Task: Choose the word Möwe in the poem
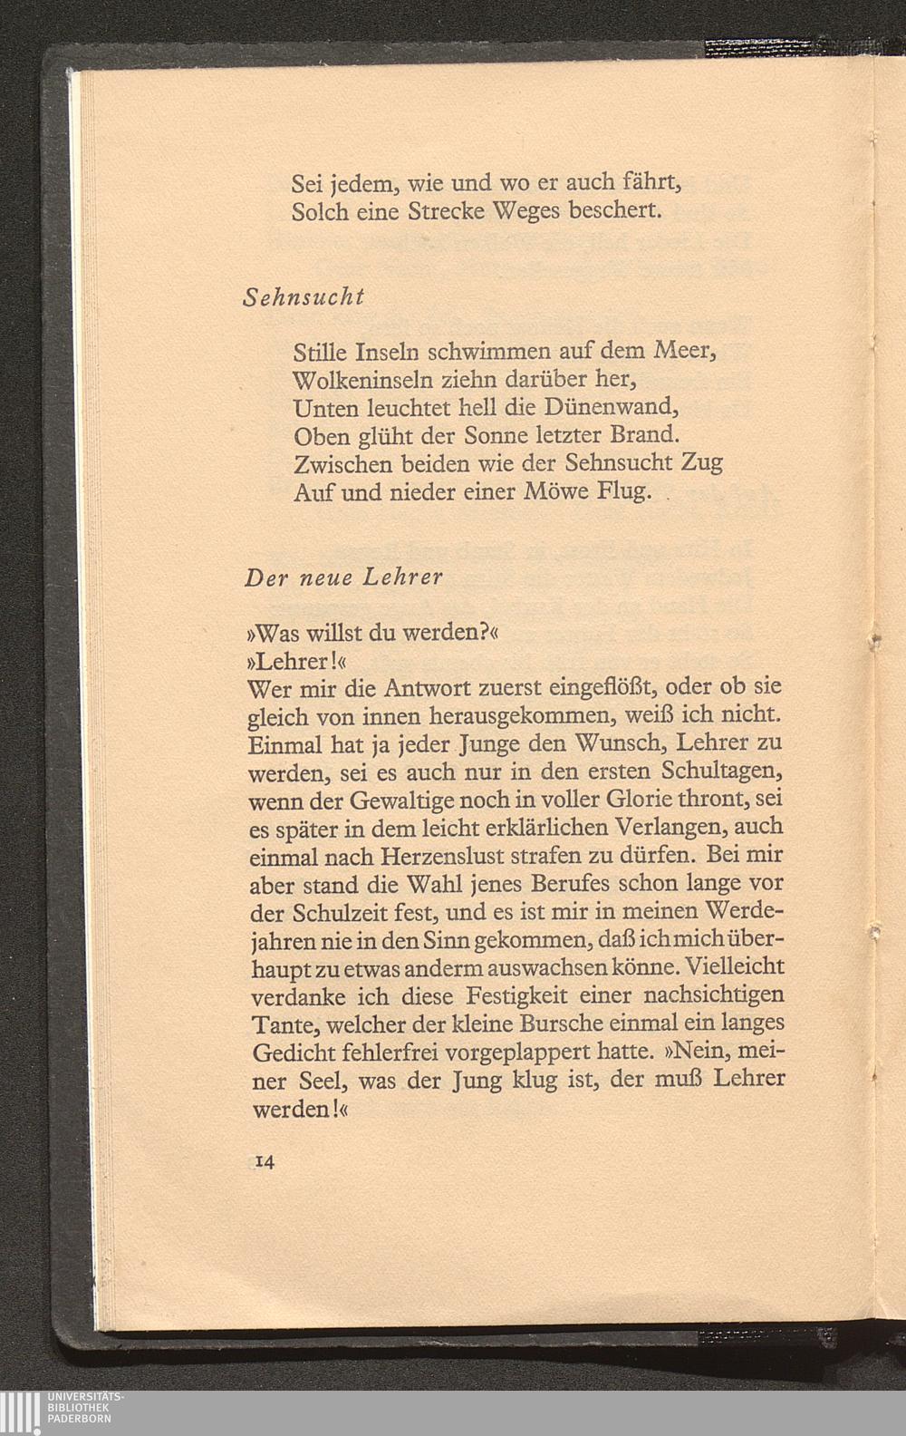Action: coord(558,492)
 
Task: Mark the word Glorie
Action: coord(622,801)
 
